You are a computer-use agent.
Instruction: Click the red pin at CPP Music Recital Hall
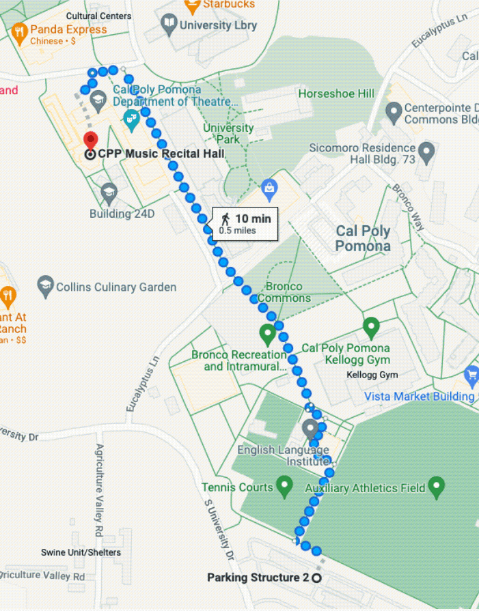point(90,141)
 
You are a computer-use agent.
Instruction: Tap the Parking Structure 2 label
point(258,578)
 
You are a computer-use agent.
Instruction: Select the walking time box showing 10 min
point(245,223)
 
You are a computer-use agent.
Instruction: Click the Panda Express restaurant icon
point(19,31)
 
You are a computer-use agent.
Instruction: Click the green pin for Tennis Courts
point(284,487)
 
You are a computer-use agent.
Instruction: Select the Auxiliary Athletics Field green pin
point(436,487)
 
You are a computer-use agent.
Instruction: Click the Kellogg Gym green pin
point(370,328)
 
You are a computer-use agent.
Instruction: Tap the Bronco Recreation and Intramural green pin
point(267,335)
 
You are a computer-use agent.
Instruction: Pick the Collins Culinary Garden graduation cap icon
point(46,287)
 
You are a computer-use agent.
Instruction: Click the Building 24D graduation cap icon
point(109,193)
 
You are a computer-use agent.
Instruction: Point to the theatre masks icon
point(131,122)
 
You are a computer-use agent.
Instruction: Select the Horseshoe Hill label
point(337,94)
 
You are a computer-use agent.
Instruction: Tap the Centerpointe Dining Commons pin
point(393,111)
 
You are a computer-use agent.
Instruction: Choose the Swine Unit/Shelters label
point(81,552)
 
